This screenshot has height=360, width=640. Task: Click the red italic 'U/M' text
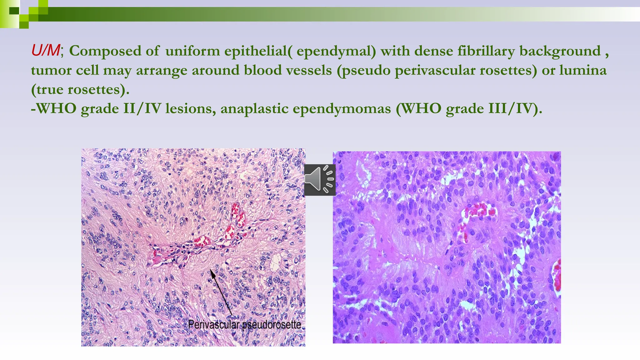tap(46, 50)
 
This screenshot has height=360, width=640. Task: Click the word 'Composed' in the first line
tap(105, 51)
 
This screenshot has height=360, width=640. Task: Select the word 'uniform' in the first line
tap(192, 51)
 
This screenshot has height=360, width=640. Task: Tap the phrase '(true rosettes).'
tap(80, 90)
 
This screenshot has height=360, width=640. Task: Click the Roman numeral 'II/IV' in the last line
tap(142, 108)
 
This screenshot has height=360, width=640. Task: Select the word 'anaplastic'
tap(254, 109)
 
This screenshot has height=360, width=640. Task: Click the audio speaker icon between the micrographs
tap(320, 180)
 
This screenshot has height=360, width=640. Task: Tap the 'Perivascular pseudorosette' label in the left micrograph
tap(245, 325)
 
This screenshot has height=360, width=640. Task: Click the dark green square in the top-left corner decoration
tap(14, 11)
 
